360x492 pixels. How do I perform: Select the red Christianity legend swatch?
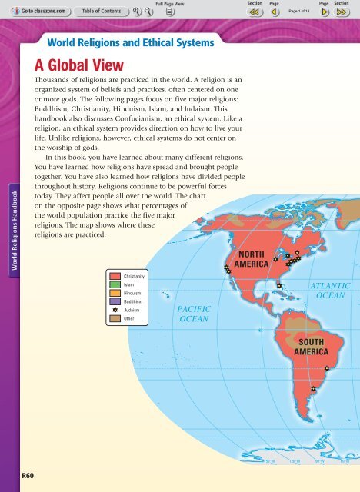coord(115,274)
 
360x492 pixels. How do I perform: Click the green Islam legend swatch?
coord(115,284)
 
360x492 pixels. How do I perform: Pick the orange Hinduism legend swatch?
coord(115,294)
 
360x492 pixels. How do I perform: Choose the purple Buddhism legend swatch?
coord(115,302)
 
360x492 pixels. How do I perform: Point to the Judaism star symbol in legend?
coord(115,311)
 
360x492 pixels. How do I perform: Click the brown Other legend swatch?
coord(115,319)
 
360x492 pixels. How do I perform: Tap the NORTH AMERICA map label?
coord(252,259)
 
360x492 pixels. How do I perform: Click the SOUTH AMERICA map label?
coord(315,346)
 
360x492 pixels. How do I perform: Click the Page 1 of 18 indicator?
coord(298,12)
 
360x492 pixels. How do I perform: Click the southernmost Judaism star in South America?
coord(313,389)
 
